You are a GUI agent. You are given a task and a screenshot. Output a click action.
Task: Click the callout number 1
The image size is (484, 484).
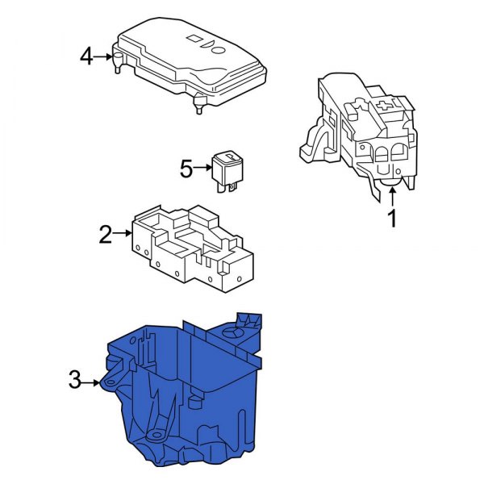point(393,218)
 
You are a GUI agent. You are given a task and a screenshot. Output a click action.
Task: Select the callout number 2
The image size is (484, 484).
point(105,235)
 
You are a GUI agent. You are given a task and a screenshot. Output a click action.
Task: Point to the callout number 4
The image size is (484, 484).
point(87,56)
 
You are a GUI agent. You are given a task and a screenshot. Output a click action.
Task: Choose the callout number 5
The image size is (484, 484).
point(186,169)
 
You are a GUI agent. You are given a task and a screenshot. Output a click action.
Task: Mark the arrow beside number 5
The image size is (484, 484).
point(202,169)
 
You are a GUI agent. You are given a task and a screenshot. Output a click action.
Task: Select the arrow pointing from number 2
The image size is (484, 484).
point(123,235)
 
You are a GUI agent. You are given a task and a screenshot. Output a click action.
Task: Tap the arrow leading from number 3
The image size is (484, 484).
point(93,381)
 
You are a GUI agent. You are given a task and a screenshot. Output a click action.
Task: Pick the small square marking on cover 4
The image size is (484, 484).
point(194,38)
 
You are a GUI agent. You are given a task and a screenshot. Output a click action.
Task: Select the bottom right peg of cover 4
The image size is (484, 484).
point(198,106)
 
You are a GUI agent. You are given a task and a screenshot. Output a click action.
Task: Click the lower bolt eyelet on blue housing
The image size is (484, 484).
point(156,435)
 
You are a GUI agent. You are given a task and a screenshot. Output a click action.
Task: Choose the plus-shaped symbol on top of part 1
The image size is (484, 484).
point(385,104)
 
